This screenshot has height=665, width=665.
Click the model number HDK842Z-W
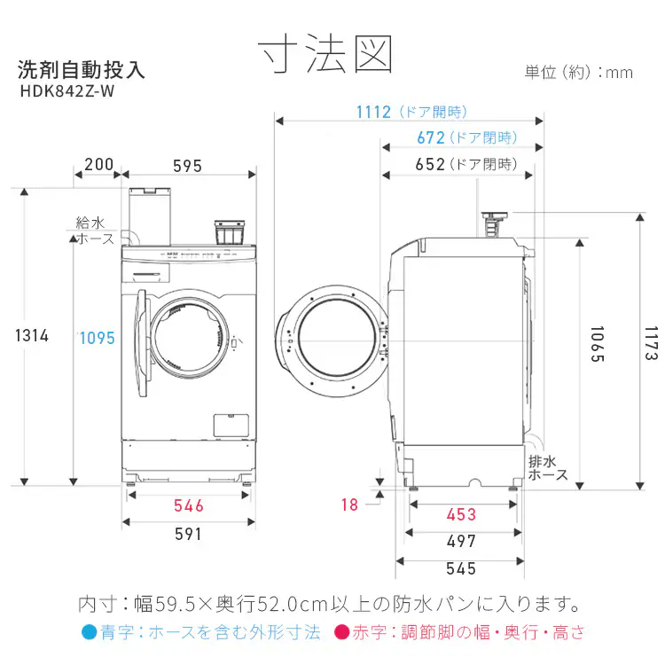(67, 91)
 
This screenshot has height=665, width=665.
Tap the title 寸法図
(325, 54)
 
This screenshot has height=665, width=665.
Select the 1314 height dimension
(32, 336)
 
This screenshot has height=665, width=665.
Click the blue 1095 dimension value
(98, 339)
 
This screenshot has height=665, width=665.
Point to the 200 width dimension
(98, 165)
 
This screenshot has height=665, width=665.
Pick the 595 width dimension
(187, 167)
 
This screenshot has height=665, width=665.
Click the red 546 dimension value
(189, 506)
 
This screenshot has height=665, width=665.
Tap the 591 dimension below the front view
(188, 535)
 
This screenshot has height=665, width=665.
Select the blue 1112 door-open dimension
(373, 113)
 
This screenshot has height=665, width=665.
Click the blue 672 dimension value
(431, 138)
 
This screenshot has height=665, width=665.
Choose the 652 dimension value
(430, 165)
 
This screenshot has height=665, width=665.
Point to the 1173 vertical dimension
(651, 343)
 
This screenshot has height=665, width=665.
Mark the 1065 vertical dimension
(597, 344)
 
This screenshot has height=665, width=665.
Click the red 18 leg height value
(350, 505)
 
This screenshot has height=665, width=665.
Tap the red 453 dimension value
(461, 515)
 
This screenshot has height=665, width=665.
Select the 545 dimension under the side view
(461, 569)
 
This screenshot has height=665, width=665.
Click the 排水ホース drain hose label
(548, 468)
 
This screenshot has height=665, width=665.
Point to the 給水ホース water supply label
(92, 231)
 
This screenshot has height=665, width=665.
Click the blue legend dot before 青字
(90, 632)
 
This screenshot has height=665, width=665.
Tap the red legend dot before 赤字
(342, 632)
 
